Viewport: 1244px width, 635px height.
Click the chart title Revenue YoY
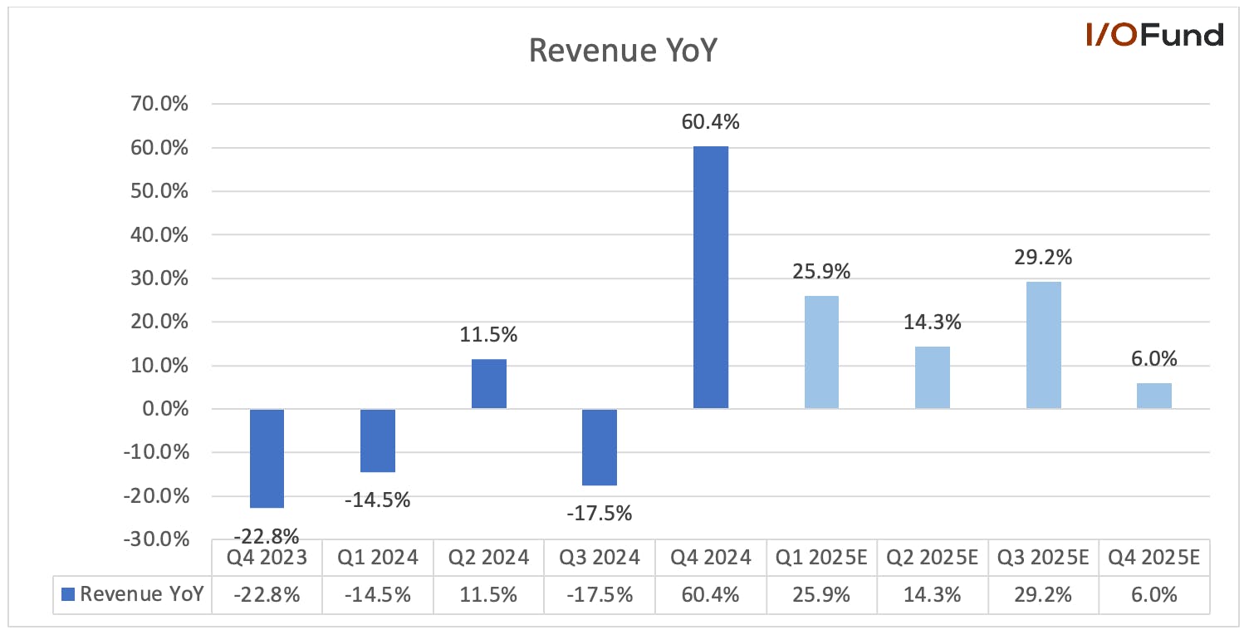(x=623, y=50)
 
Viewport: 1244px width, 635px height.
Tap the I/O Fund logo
(x=1155, y=34)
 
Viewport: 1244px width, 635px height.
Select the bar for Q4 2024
(x=711, y=278)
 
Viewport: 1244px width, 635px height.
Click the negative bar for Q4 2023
(x=267, y=458)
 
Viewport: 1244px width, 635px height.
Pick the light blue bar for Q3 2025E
(x=1044, y=345)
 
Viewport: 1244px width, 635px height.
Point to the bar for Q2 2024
(x=489, y=384)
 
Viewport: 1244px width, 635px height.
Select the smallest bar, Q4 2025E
(x=1154, y=396)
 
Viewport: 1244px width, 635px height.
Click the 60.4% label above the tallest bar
(x=710, y=122)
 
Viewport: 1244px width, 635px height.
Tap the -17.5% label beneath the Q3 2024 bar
(x=600, y=513)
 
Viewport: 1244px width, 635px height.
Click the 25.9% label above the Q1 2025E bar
(x=821, y=271)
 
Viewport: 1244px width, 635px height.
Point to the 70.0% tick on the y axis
(x=159, y=103)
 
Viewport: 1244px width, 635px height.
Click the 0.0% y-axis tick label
(x=165, y=409)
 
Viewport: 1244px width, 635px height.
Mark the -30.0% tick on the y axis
(x=157, y=539)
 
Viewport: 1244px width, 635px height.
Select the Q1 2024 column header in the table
(x=378, y=557)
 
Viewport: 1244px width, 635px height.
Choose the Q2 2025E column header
(x=932, y=557)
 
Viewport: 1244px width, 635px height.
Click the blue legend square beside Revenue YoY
(x=68, y=594)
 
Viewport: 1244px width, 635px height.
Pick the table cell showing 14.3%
(x=932, y=595)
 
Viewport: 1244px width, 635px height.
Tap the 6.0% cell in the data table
(x=1154, y=595)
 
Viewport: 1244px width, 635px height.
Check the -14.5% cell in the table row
(x=378, y=595)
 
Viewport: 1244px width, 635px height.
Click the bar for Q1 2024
(x=378, y=441)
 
